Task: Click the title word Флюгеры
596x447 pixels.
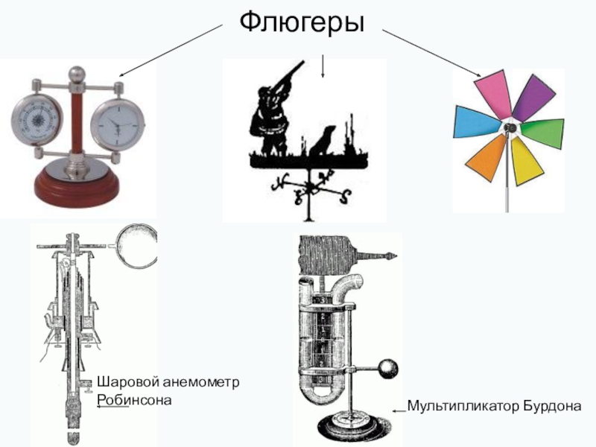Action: (302, 24)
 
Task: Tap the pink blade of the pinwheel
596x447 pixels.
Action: (492, 94)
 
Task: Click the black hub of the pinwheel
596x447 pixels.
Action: (510, 127)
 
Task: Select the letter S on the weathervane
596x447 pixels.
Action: (346, 197)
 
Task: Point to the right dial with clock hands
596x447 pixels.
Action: (118, 124)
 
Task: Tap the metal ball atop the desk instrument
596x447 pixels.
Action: (77, 74)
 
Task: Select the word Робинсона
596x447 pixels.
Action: (134, 400)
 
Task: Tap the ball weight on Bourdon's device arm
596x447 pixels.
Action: (389, 368)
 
